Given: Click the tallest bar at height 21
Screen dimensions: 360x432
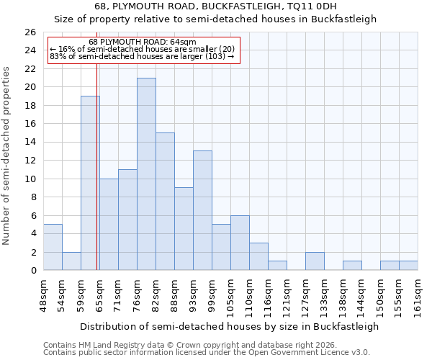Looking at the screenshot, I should tap(146, 174).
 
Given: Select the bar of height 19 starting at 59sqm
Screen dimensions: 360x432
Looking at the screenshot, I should tap(90, 184).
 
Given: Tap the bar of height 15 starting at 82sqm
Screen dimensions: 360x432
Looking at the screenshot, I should tap(165, 202).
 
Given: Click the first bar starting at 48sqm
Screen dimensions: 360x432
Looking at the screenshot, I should tap(53, 247).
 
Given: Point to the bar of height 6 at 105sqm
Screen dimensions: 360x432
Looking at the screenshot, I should tap(240, 243).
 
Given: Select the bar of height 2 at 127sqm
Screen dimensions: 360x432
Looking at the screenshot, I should tap(315, 261).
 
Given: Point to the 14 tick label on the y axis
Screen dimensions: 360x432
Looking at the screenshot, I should tap(30, 143).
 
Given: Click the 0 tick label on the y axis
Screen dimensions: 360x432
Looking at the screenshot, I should tap(32, 271).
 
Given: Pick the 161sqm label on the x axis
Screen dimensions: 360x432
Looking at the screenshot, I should tap(418, 297).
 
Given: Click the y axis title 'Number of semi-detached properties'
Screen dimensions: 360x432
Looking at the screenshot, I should tap(7, 156).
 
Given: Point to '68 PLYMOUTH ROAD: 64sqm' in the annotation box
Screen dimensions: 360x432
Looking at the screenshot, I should tap(142, 42).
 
